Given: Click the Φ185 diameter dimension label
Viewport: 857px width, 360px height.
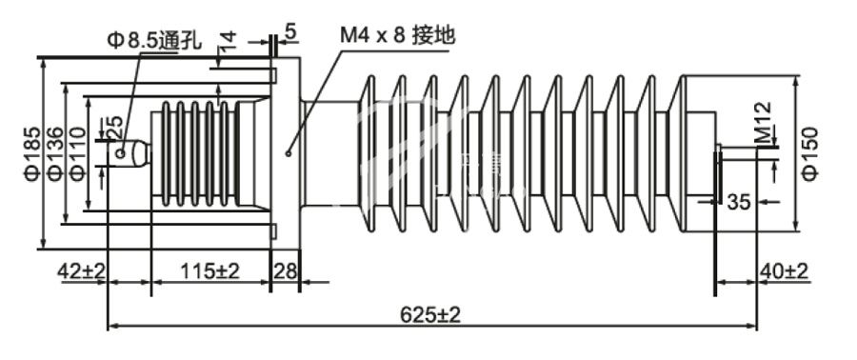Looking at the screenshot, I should click(x=30, y=152).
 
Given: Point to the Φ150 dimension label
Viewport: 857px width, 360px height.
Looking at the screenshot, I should click(x=810, y=151).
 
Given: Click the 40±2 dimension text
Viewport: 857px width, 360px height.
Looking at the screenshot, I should click(x=785, y=271).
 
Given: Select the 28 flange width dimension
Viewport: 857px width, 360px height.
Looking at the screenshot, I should click(x=286, y=271).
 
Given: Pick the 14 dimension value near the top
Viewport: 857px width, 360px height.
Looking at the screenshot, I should click(x=227, y=43).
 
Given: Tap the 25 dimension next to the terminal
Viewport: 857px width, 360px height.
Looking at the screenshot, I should click(x=112, y=127).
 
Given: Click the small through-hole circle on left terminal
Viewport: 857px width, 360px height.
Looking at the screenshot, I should click(x=122, y=151).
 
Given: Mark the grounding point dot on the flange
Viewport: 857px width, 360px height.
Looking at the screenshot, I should click(x=289, y=150).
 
